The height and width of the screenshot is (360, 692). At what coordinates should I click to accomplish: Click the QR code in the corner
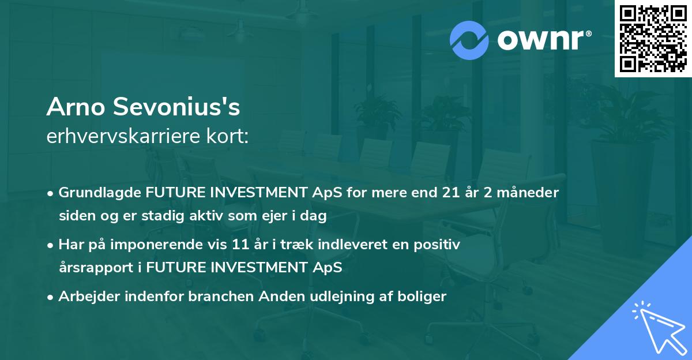[652, 39]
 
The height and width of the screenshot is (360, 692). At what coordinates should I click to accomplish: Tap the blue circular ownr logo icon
[469, 40]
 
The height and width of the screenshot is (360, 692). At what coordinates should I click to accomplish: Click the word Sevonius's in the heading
[175, 107]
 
